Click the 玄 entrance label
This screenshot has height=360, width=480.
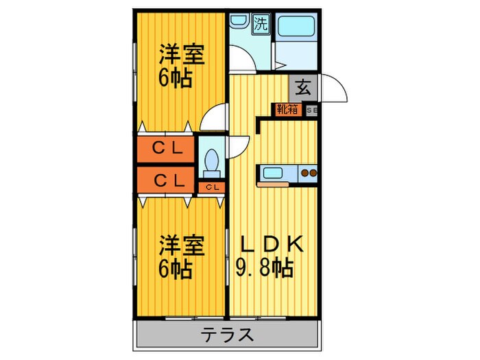[x=302, y=88]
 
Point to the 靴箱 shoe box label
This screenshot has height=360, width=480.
[x=287, y=109]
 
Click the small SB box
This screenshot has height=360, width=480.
[x=311, y=109]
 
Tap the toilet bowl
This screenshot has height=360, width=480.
[x=212, y=163]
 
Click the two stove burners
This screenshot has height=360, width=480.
[x=309, y=173]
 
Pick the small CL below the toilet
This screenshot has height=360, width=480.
[x=212, y=187]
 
